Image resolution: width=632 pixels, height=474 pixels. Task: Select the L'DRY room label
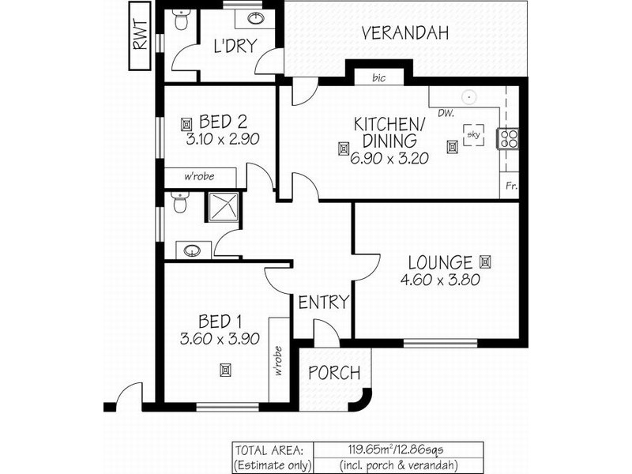(235, 47)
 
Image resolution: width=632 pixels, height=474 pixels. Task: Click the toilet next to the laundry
(181, 21)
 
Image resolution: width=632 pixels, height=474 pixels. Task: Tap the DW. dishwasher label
(445, 114)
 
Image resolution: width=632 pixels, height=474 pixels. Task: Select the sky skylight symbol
(474, 134)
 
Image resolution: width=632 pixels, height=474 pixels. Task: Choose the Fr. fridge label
(512, 187)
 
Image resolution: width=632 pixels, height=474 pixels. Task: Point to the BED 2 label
(224, 122)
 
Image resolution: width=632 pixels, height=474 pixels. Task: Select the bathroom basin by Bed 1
(192, 250)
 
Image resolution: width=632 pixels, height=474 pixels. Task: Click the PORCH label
(333, 373)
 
